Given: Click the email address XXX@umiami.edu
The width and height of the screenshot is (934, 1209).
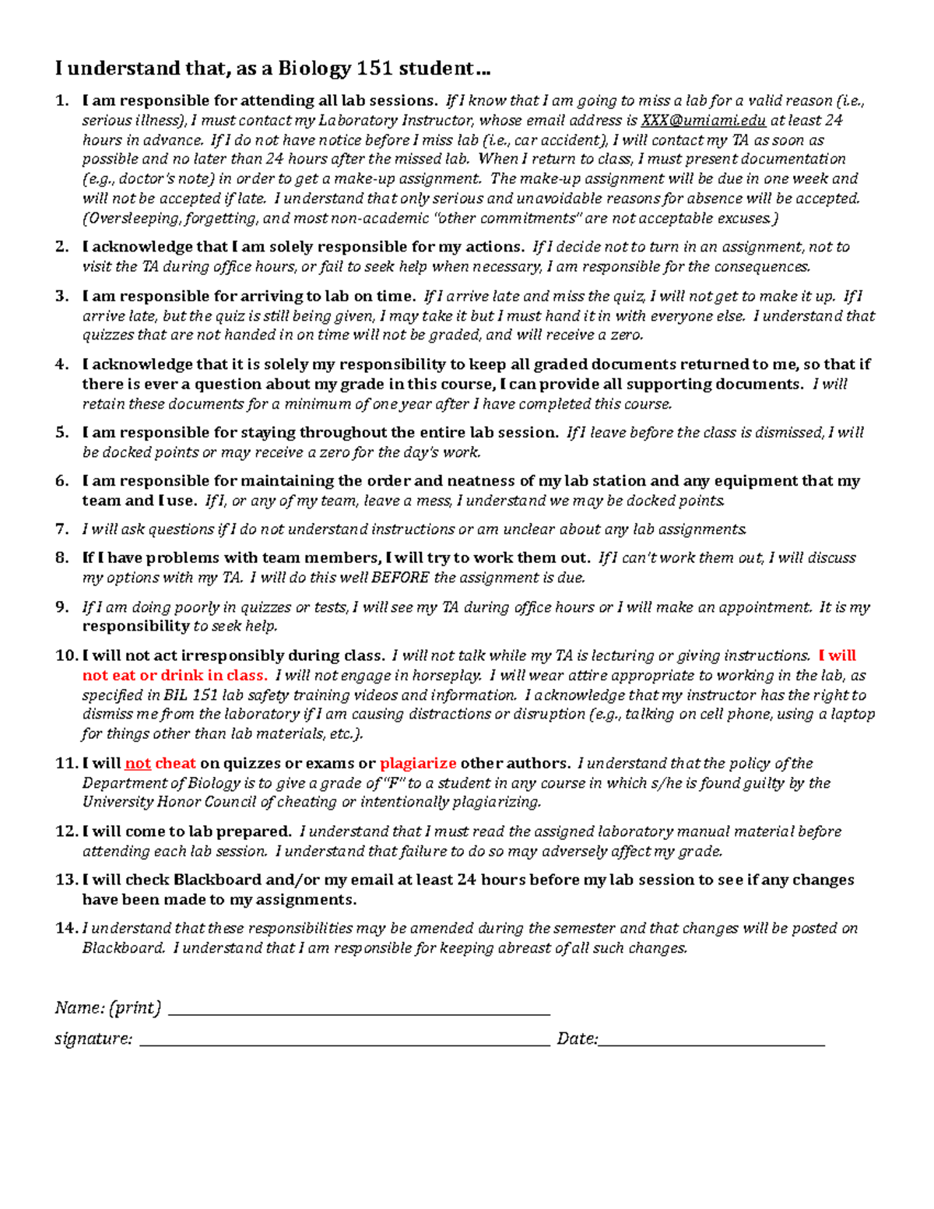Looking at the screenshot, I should click(x=703, y=121).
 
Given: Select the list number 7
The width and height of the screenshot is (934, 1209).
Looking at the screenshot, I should click(x=62, y=529).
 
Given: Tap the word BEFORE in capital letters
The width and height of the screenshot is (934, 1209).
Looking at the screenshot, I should click(x=400, y=578).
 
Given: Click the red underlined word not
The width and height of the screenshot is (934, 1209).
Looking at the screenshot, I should click(x=138, y=764).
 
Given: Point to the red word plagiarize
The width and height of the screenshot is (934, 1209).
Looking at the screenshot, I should click(x=418, y=764).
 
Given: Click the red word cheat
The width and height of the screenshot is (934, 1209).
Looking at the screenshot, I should click(x=175, y=764).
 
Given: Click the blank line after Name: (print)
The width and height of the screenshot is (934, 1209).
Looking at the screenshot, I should click(x=359, y=1011).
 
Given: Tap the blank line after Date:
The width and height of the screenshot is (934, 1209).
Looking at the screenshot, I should click(x=711, y=1042).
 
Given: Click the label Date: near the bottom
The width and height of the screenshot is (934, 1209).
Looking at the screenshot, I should click(x=577, y=1039).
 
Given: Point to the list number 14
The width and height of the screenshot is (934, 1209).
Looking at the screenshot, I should click(x=65, y=928).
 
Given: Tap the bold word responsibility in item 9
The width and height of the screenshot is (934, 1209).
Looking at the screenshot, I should click(x=135, y=626).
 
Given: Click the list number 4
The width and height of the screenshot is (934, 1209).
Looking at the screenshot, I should click(x=62, y=364).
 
